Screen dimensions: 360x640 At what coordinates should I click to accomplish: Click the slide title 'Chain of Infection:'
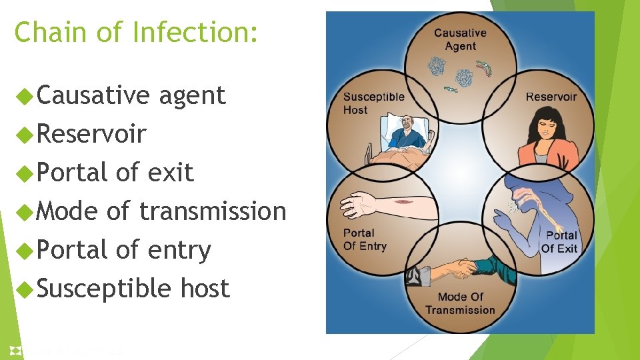click(136, 32)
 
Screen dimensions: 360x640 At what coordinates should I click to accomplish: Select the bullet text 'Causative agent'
click(131, 95)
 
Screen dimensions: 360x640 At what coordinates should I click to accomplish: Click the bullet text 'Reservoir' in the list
click(91, 134)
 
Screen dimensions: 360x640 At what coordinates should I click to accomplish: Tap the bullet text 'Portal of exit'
click(115, 173)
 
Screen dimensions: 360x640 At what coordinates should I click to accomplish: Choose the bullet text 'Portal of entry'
click(124, 250)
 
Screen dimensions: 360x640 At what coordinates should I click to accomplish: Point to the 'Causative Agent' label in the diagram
click(460, 39)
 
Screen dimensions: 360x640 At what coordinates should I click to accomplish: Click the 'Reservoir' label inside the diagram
click(551, 97)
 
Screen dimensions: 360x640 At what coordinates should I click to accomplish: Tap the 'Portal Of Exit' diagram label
click(561, 241)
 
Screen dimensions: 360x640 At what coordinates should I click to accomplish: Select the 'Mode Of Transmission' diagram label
click(460, 303)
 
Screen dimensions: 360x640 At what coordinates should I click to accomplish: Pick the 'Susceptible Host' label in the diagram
click(373, 103)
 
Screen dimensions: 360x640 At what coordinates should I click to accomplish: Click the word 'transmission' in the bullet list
click(213, 211)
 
